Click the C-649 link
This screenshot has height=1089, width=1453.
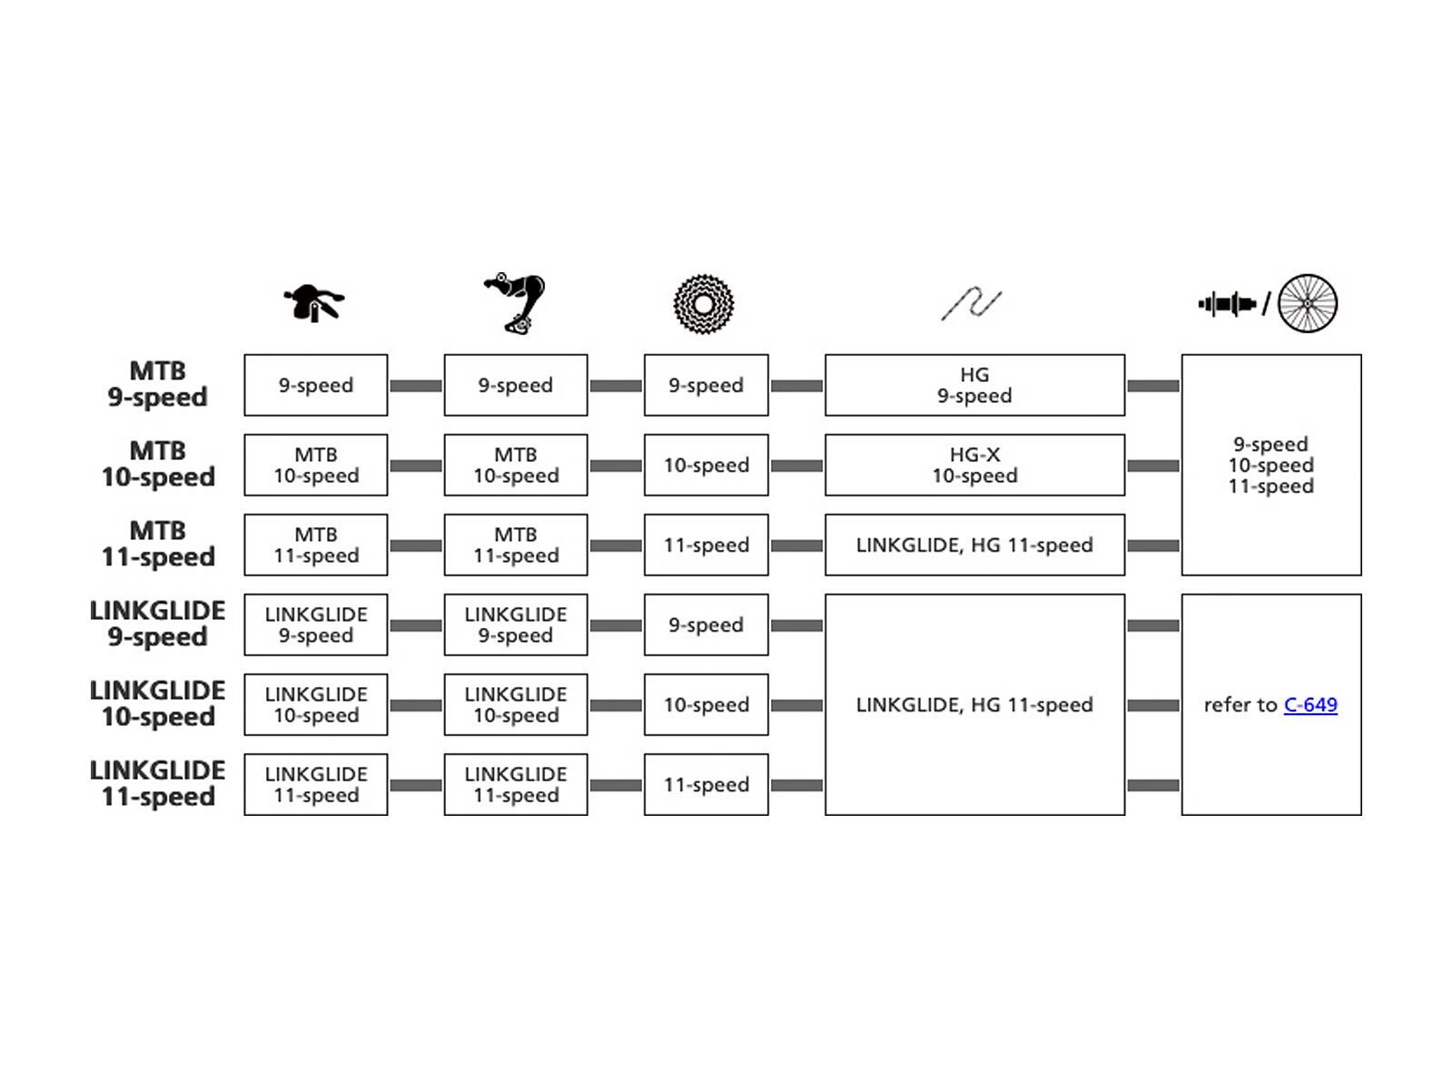pyautogui.click(x=1310, y=705)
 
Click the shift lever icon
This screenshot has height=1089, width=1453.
pyautogui.click(x=314, y=303)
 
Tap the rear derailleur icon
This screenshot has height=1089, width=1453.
pyautogui.click(x=515, y=303)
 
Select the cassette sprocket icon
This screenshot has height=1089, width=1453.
pyautogui.click(x=704, y=303)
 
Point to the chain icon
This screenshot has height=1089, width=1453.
pyautogui.click(x=971, y=304)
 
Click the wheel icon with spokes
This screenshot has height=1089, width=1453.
pyautogui.click(x=1308, y=303)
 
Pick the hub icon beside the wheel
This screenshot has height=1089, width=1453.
pyautogui.click(x=1227, y=304)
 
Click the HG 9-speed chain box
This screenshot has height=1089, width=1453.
pyautogui.click(x=974, y=386)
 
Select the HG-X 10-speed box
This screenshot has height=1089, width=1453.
pyautogui.click(x=974, y=466)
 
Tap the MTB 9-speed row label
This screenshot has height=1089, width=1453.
pyautogui.click(x=158, y=385)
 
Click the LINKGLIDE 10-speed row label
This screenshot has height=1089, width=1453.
pyautogui.click(x=158, y=704)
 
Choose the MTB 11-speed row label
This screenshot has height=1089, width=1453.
pyautogui.click(x=158, y=544)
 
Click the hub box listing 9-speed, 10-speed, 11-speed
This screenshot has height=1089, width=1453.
pyautogui.click(x=1270, y=465)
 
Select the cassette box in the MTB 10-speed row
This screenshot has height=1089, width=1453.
pyautogui.click(x=706, y=466)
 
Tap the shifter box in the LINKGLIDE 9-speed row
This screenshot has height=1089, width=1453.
pyautogui.click(x=316, y=625)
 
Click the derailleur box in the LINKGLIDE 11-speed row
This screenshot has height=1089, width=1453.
pyautogui.click(x=516, y=785)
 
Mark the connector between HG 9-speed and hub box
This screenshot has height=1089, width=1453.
pyautogui.click(x=1153, y=386)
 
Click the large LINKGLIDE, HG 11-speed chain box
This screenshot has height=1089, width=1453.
pyautogui.click(x=974, y=705)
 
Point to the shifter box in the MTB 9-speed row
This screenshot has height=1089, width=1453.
pyautogui.click(x=316, y=386)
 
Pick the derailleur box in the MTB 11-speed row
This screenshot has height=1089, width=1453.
pyautogui.click(x=516, y=545)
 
